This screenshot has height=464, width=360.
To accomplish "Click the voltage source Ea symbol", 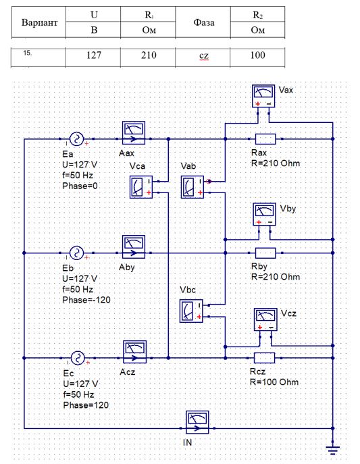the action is (76, 138).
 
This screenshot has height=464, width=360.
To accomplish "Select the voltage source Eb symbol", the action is (76, 253).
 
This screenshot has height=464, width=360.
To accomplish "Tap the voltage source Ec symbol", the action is (78, 358).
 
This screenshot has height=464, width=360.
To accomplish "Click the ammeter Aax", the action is (134, 132).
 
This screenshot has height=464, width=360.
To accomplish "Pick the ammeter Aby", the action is (134, 247).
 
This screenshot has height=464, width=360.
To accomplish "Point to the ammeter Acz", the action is (134, 352).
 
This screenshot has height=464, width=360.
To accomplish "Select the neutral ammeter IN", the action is (197, 422).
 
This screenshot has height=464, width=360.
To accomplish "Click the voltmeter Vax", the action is (263, 96).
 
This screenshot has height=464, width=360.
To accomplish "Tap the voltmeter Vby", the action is (264, 214).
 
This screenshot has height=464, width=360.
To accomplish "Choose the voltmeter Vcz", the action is (265, 319).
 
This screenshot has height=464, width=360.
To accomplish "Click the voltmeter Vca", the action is (141, 186).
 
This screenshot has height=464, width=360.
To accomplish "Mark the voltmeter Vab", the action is (192, 186).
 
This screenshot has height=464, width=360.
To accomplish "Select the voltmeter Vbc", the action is (191, 311).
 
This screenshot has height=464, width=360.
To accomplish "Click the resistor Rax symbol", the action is (265, 138).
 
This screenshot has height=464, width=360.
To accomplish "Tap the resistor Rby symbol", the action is (265, 253).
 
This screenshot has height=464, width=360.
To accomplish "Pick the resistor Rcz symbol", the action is (265, 358).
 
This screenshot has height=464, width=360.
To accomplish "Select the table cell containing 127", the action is (93, 55).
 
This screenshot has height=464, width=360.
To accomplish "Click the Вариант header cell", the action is (38, 22).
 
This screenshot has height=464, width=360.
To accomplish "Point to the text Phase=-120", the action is (86, 300).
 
